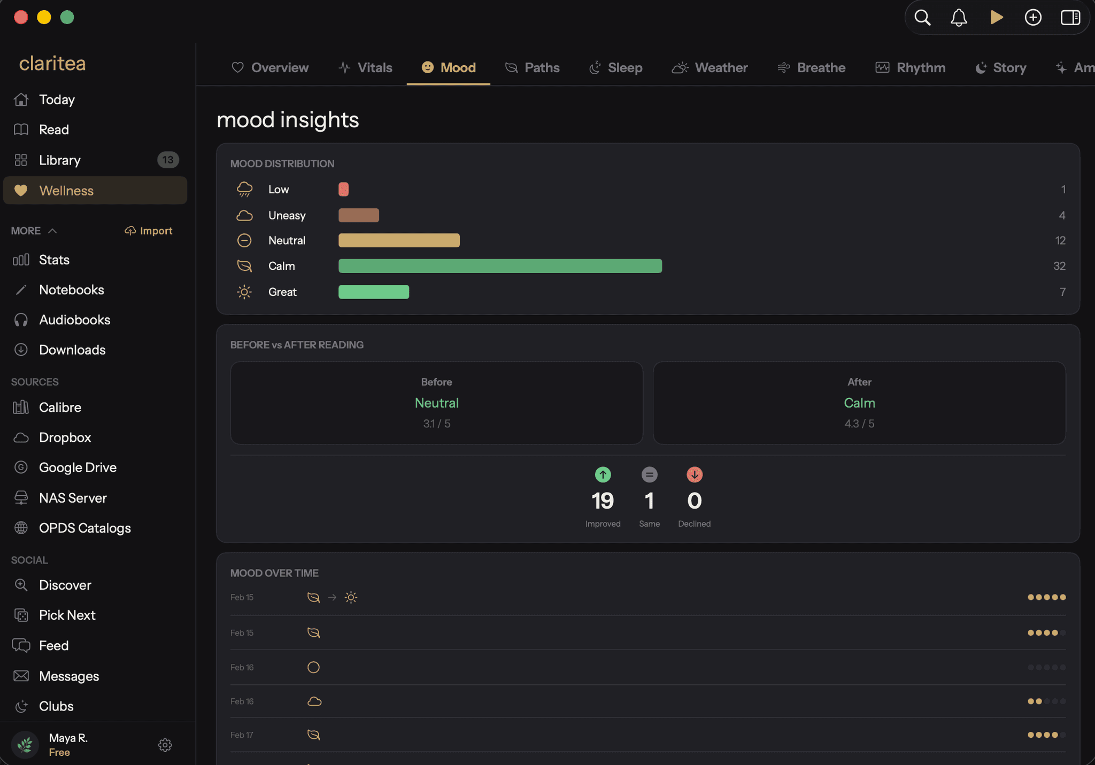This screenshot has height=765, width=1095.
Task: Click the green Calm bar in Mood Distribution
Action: pyautogui.click(x=500, y=266)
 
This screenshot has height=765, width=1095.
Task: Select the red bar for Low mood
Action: pyautogui.click(x=343, y=189)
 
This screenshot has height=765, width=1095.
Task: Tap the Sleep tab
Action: pyautogui.click(x=615, y=68)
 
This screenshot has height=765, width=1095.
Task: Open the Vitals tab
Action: pyautogui.click(x=365, y=68)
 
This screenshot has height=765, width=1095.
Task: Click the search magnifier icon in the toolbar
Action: pyautogui.click(x=922, y=18)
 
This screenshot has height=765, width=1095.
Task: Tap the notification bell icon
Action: pyautogui.click(x=959, y=18)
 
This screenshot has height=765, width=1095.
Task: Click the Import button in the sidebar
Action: pyautogui.click(x=149, y=231)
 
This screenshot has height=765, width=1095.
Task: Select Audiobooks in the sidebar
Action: pyautogui.click(x=74, y=320)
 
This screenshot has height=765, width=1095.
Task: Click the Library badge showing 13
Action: pyautogui.click(x=168, y=160)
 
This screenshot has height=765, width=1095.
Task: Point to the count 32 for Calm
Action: pyautogui.click(x=1059, y=266)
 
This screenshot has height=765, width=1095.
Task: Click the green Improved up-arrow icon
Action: pyautogui.click(x=603, y=474)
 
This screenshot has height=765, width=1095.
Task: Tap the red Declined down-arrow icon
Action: pyautogui.click(x=695, y=474)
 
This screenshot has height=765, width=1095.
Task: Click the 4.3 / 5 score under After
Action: pyautogui.click(x=859, y=424)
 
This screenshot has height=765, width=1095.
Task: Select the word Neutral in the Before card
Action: pyautogui.click(x=437, y=403)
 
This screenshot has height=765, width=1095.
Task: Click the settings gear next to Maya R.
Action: pyautogui.click(x=165, y=745)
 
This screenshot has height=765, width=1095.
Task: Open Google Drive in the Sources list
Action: pyautogui.click(x=78, y=467)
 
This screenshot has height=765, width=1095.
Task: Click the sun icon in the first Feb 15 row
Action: pyautogui.click(x=351, y=597)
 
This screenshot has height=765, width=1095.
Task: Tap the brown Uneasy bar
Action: pyautogui.click(x=359, y=215)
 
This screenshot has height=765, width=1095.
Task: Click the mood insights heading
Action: pyautogui.click(x=288, y=120)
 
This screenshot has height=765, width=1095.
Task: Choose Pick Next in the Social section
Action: pyautogui.click(x=67, y=615)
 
